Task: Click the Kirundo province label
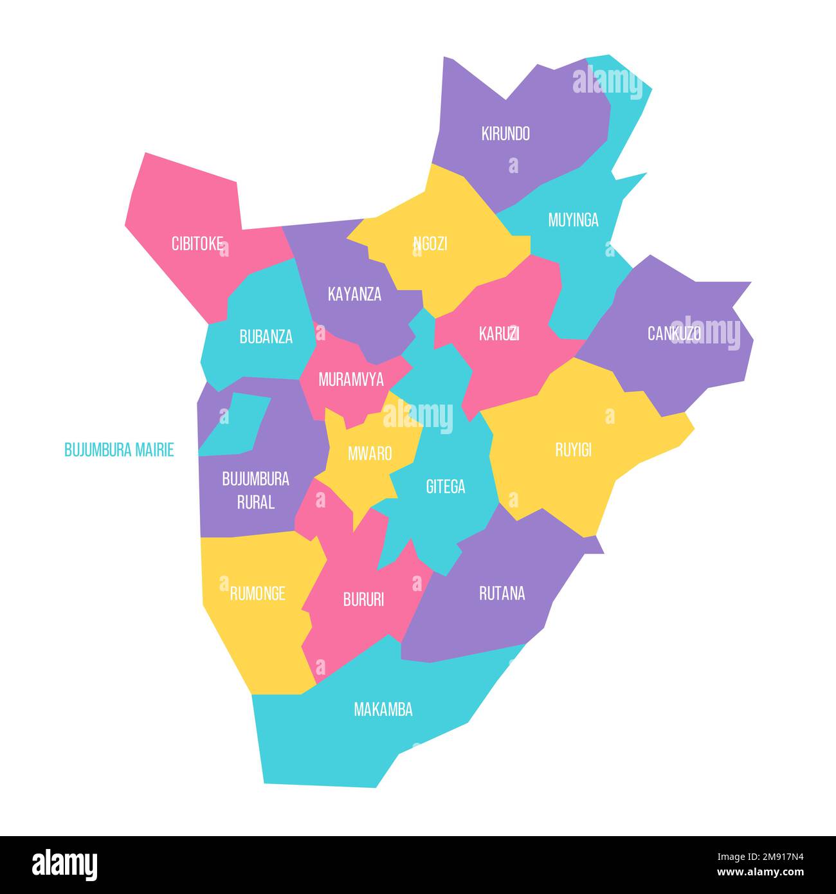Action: [x=505, y=134]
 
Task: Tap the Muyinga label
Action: [x=573, y=221]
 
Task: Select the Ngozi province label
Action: [x=430, y=244]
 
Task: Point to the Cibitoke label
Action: [x=197, y=244]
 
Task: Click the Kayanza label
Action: [x=354, y=295]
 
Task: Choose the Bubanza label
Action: [x=266, y=337]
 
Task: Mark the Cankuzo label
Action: [x=674, y=333]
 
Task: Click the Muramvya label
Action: [x=351, y=379]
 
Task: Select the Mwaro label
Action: [x=370, y=454]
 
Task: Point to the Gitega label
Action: [x=445, y=487]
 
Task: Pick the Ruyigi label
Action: [x=573, y=450]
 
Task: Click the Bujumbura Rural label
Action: [x=255, y=491]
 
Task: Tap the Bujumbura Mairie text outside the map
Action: [x=119, y=450]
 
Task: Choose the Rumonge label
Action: [x=257, y=594]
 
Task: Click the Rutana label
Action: [x=502, y=593]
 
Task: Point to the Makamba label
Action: [x=383, y=710]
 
